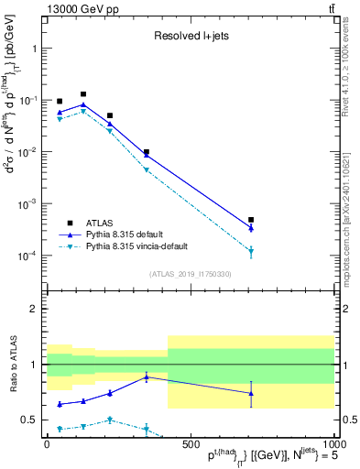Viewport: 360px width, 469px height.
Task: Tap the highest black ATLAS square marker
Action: click(x=83, y=94)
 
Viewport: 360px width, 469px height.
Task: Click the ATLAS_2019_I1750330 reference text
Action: click(x=190, y=273)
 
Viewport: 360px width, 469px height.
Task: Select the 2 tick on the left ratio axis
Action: click(x=36, y=309)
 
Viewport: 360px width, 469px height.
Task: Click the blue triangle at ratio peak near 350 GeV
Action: click(x=147, y=376)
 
